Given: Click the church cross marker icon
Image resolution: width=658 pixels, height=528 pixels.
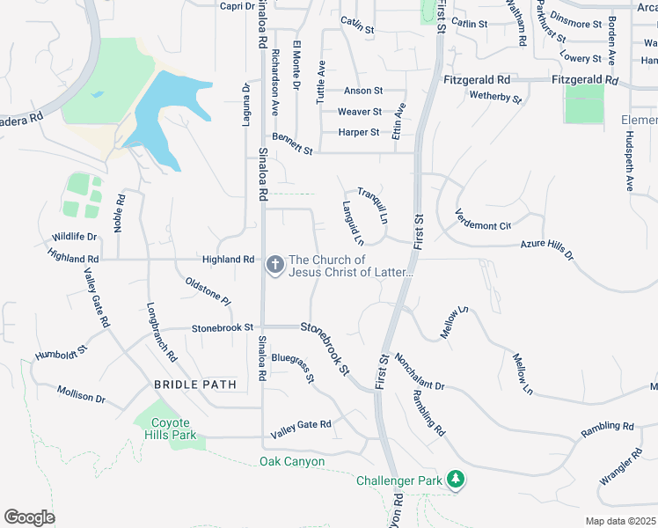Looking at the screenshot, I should [274, 265].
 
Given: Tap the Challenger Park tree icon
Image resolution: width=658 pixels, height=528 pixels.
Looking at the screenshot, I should [456, 480].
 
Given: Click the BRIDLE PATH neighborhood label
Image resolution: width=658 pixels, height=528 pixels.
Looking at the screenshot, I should [195, 385].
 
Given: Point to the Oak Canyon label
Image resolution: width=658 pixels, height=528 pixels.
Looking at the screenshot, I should [292, 461].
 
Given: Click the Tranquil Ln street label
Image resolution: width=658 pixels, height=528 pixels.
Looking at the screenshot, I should [373, 206].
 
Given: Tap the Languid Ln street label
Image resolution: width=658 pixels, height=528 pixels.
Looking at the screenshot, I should [352, 223].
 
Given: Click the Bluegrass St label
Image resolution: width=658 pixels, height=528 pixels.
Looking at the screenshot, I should [293, 368].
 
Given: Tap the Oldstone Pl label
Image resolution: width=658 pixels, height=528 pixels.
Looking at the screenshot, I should [208, 291].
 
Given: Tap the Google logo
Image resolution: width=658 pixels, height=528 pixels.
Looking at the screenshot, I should [30, 517].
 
